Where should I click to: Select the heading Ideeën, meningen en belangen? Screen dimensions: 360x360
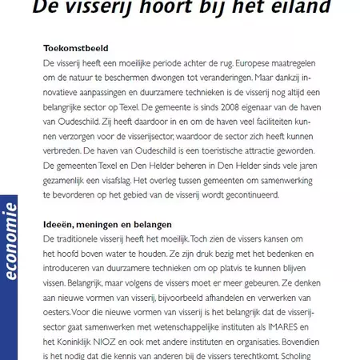(107, 225)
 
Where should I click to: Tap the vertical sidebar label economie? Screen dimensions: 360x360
(11, 241)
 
